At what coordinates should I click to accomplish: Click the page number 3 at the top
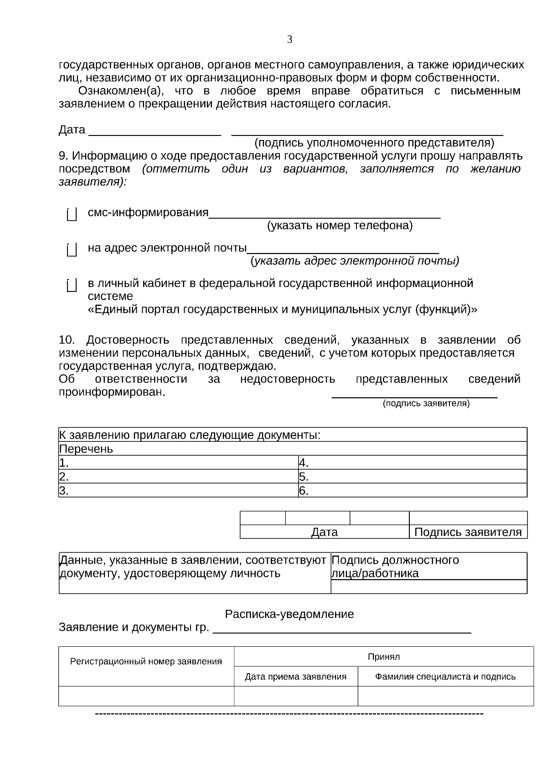point(289,40)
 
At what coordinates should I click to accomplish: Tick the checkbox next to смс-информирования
point(71,214)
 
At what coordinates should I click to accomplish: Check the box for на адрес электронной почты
point(71,249)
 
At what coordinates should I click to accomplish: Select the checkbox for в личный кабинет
point(71,285)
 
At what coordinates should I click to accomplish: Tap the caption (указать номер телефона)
point(340,225)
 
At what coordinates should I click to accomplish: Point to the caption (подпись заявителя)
point(426,403)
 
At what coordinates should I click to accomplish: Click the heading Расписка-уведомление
point(289,614)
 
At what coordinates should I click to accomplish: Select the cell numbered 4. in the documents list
point(412,462)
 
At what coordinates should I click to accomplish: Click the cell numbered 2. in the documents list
point(178,477)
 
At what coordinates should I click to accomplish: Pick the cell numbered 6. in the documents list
point(412,490)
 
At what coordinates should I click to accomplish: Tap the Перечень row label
point(86,449)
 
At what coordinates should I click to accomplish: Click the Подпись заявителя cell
point(468,532)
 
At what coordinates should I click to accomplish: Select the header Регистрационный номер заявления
point(146,661)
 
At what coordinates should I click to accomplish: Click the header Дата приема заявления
point(295,676)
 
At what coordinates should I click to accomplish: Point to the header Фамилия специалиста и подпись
point(445,676)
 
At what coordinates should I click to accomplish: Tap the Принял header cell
point(383,657)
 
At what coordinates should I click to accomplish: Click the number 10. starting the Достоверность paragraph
point(67,340)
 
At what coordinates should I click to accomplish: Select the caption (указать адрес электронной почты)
point(355,261)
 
